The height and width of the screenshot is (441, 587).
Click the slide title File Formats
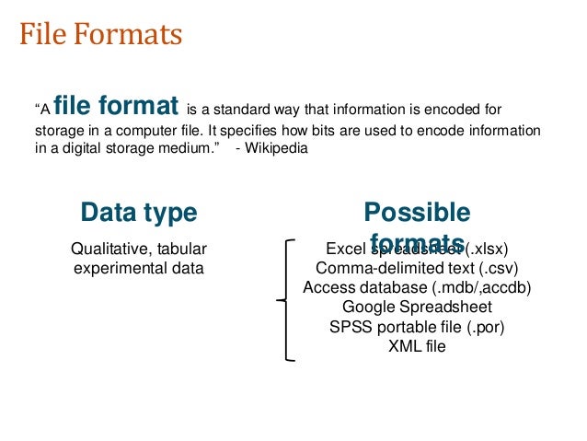[x=101, y=36]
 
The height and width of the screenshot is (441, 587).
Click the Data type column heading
[x=139, y=214]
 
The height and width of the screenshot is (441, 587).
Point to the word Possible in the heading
[x=417, y=214]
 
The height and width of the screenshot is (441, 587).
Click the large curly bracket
[x=285, y=300]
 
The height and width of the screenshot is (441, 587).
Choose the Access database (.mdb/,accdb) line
[x=417, y=287]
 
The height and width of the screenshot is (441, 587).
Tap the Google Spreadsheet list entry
[x=417, y=307]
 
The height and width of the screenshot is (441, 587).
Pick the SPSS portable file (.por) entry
[x=417, y=326]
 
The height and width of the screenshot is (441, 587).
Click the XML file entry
[x=417, y=345]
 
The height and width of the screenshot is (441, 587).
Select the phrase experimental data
[x=139, y=269]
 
